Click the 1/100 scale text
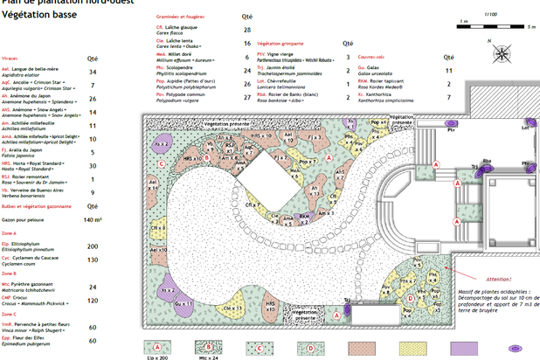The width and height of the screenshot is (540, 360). pyautogui.click(x=490, y=13)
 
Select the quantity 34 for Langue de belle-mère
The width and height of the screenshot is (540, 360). pyautogui.click(x=93, y=72)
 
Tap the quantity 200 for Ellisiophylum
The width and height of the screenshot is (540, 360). pyautogui.click(x=92, y=246)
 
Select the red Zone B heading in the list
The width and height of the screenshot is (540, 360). pyautogui.click(x=9, y=273)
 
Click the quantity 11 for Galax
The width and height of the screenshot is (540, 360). pyautogui.click(x=449, y=69)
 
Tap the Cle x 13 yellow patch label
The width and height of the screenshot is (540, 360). pyautogui.click(x=159, y=202)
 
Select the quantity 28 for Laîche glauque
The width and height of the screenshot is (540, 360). pyautogui.click(x=247, y=29)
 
